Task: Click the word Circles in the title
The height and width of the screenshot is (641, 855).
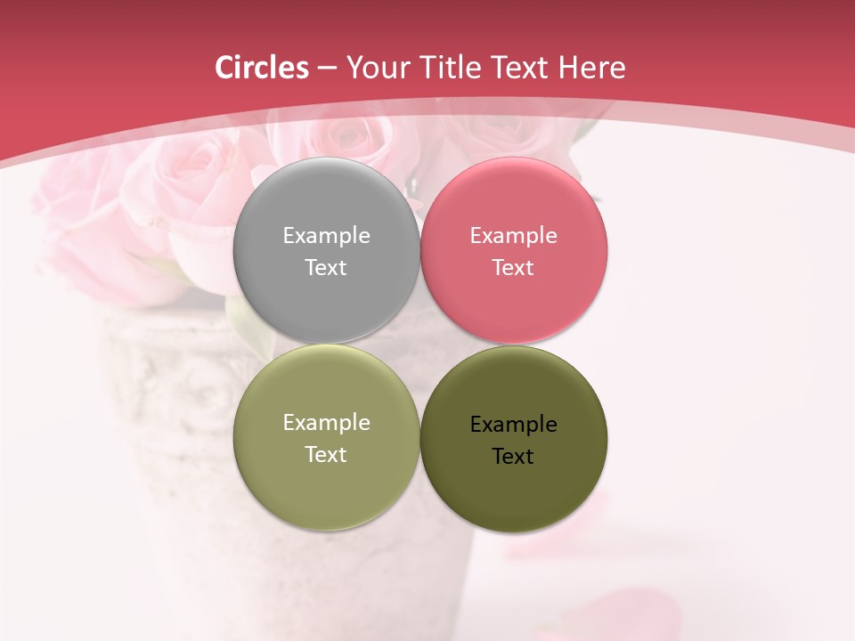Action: tap(261, 68)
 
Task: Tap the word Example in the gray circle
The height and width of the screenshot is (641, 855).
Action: tap(326, 236)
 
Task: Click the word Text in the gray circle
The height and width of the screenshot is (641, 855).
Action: tap(326, 268)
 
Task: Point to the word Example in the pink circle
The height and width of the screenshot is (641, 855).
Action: tap(513, 236)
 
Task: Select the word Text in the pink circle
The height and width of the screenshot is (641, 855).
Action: tap(513, 268)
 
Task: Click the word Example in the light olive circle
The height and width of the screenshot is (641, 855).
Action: tap(326, 423)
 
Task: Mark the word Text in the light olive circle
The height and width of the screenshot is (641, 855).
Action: tap(326, 455)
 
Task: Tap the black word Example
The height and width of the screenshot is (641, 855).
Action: tap(513, 425)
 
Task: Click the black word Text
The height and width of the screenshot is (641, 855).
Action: tap(513, 457)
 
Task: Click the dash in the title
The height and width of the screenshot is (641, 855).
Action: tap(327, 69)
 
